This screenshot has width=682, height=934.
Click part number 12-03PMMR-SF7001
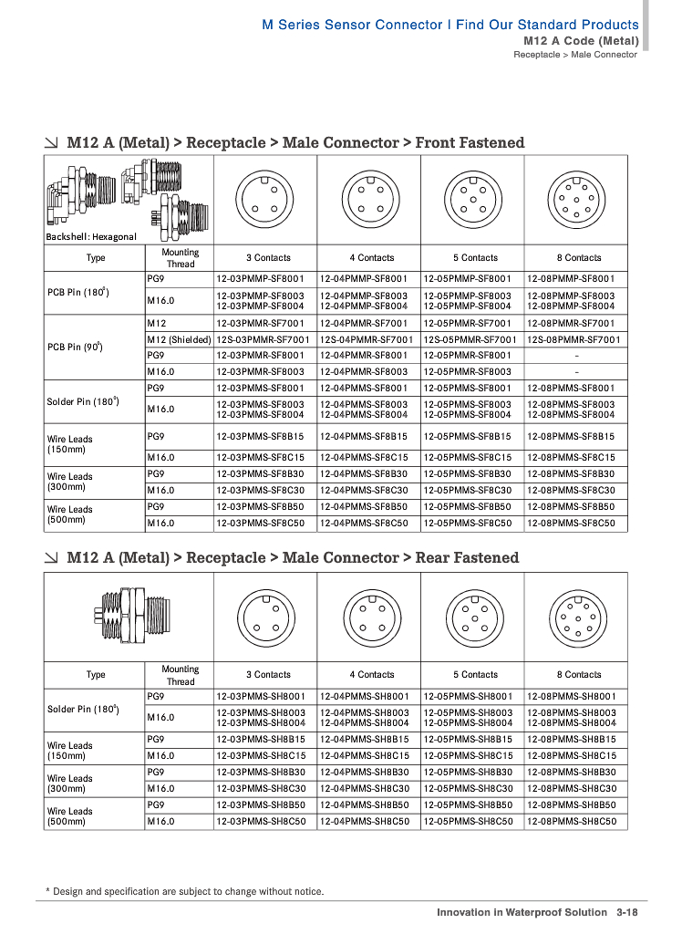click(265, 322)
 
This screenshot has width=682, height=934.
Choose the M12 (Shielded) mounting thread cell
click(179, 339)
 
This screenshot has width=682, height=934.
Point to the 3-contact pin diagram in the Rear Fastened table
click(265, 615)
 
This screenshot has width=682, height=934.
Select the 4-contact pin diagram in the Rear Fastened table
click(368, 615)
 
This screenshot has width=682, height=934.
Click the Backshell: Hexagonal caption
click(91, 237)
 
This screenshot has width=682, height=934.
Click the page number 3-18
click(626, 912)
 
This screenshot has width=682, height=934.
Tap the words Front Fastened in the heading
click(470, 143)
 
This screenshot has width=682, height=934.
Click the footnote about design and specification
click(184, 891)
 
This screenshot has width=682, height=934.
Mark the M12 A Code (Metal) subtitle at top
click(580, 41)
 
